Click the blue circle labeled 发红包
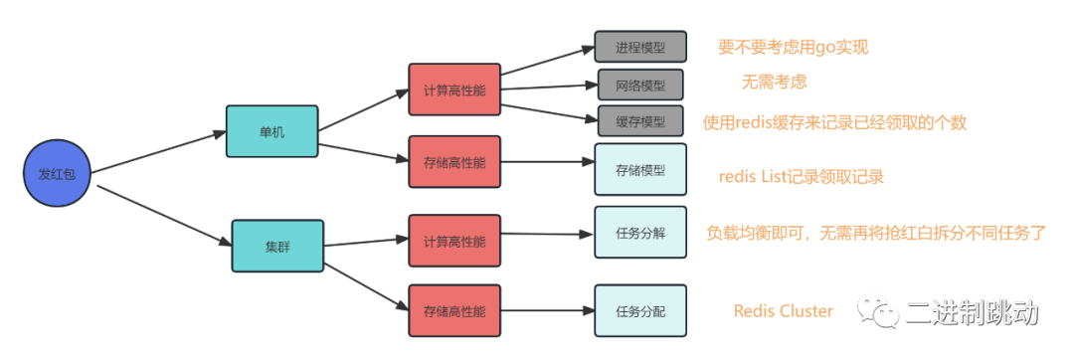tap(58, 173)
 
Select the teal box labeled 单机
tap(271, 131)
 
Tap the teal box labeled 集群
tap(277, 246)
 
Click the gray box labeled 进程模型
tap(640, 48)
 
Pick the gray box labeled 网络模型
tap(640, 85)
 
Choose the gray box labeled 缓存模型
tap(640, 121)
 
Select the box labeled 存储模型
tap(640, 169)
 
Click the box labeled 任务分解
tap(640, 233)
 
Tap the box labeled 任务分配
tap(640, 310)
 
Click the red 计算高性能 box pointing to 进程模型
tap(454, 90)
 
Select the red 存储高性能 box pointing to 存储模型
tap(454, 162)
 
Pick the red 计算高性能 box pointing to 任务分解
tap(454, 241)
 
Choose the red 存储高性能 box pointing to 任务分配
tap(454, 310)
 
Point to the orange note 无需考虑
tap(773, 83)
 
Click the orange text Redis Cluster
tap(784, 311)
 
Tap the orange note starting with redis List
tap(801, 177)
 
